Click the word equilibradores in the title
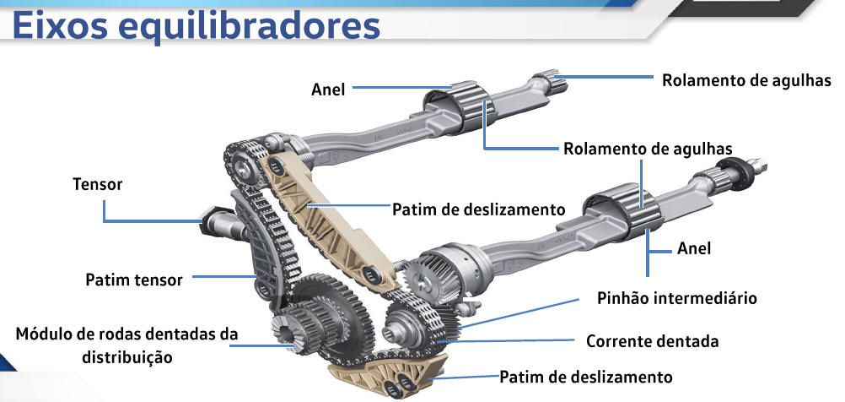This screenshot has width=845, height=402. coord(252,27)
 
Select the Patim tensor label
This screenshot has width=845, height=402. coord(133,280)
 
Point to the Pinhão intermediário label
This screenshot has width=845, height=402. coord(676,298)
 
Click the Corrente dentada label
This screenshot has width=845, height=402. coord(652,342)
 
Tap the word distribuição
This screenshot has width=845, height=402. coord(127,357)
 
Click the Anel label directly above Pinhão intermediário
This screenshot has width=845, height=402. coord(694,248)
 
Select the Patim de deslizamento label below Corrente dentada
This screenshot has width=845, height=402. coord(586,376)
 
